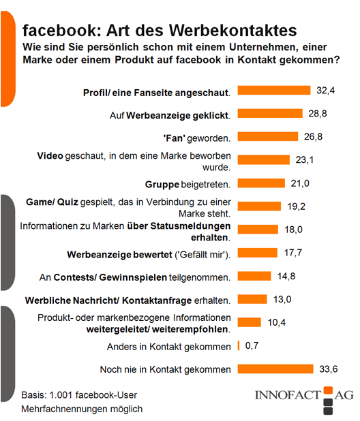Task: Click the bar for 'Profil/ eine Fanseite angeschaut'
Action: click(x=274, y=90)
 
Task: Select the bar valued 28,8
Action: click(x=270, y=113)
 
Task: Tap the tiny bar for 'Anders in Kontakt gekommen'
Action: click(x=239, y=345)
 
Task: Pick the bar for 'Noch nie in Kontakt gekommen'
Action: click(x=275, y=369)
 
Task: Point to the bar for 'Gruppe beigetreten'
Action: click(x=261, y=183)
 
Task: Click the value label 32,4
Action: click(x=326, y=91)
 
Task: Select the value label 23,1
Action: click(x=305, y=160)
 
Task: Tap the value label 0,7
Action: click(x=252, y=346)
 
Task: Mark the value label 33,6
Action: click(x=329, y=369)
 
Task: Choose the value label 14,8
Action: click(x=286, y=277)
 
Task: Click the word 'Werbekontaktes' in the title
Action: click(x=233, y=30)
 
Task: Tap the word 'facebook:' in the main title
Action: click(x=62, y=30)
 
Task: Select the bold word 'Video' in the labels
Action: click(x=50, y=156)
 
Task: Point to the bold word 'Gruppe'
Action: click(x=162, y=185)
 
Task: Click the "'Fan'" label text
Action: click(x=174, y=138)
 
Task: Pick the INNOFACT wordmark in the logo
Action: click(x=288, y=395)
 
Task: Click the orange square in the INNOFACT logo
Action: click(x=328, y=390)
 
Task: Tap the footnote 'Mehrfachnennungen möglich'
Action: click(x=82, y=409)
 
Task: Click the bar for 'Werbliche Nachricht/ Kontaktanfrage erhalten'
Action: click(x=252, y=299)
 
